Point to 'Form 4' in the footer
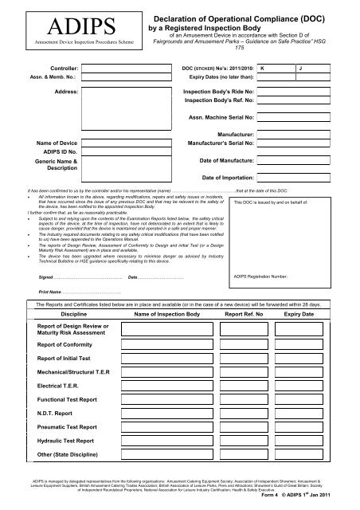(292, 499)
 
